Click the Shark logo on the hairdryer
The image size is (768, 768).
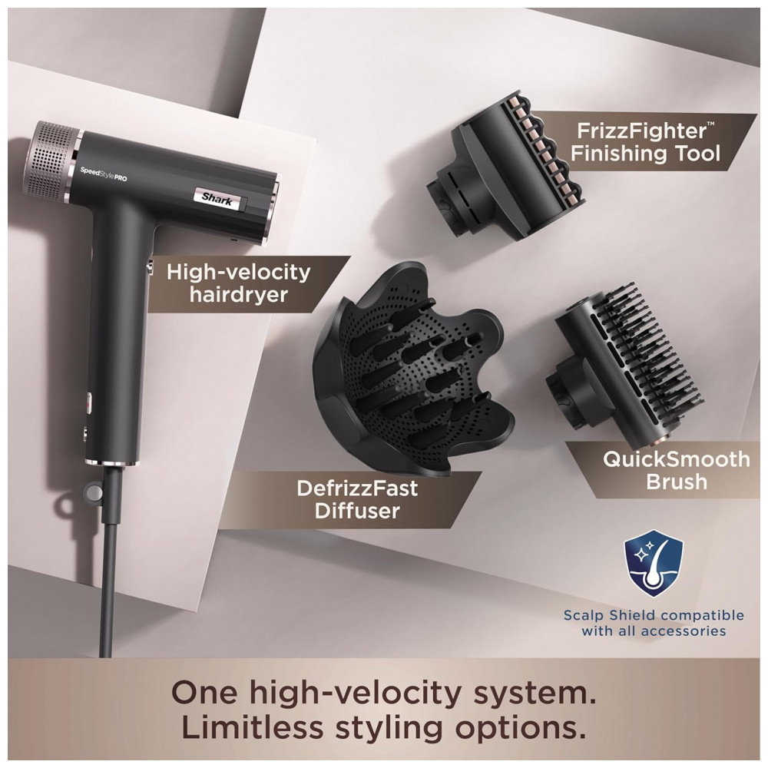click(x=219, y=199)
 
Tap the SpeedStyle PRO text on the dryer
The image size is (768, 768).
click(x=104, y=174)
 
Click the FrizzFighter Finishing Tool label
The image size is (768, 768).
click(x=644, y=142)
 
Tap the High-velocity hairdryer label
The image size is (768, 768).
click(x=239, y=283)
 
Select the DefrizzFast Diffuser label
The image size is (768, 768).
click(x=357, y=500)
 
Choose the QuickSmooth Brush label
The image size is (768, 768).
click(x=677, y=470)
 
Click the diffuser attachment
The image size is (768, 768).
click(x=413, y=373)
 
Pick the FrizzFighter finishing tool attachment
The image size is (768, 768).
click(x=505, y=167)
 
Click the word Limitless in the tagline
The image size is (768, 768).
click(x=252, y=728)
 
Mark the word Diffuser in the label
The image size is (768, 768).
click(x=357, y=511)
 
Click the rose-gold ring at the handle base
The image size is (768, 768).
click(x=112, y=462)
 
